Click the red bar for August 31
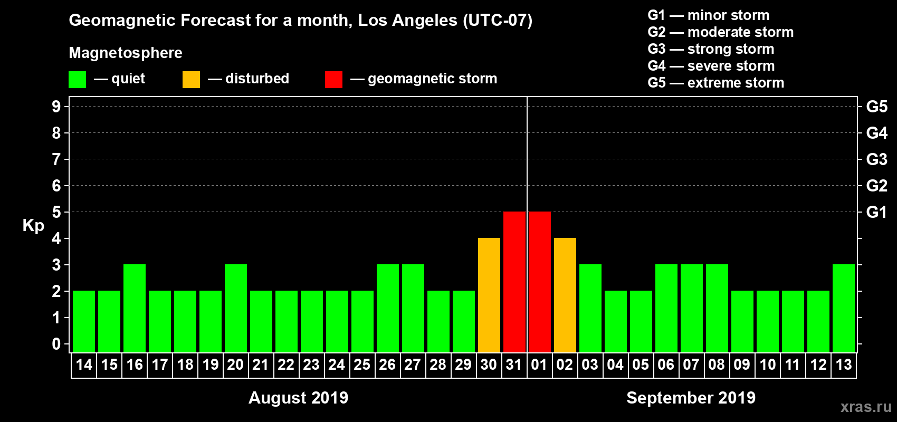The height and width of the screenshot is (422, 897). pyautogui.click(x=514, y=282)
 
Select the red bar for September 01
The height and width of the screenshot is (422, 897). pyautogui.click(x=540, y=282)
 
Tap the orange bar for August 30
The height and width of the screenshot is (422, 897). pyautogui.click(x=489, y=295)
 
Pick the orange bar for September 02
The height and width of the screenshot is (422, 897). pyautogui.click(x=565, y=295)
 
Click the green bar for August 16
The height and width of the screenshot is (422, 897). pyautogui.click(x=135, y=308)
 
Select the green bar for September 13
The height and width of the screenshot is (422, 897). pyautogui.click(x=844, y=308)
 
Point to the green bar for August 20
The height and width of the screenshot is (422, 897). pyautogui.click(x=236, y=308)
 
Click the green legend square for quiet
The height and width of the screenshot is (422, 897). pyautogui.click(x=77, y=80)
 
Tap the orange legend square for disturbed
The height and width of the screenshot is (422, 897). pyautogui.click(x=191, y=80)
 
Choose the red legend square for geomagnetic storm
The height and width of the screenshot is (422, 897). pyautogui.click(x=333, y=80)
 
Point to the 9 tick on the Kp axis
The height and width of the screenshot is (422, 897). pyautogui.click(x=56, y=107)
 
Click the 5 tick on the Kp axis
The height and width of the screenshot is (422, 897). pyautogui.click(x=56, y=212)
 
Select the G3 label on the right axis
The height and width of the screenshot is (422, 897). pyautogui.click(x=876, y=159)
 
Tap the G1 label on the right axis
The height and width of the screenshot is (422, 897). pyautogui.click(x=876, y=212)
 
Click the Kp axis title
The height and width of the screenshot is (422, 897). pyautogui.click(x=33, y=226)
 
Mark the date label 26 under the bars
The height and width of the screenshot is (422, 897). pyautogui.click(x=387, y=365)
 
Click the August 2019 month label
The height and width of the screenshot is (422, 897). pyautogui.click(x=298, y=398)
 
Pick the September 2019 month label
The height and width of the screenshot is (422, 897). pyautogui.click(x=691, y=398)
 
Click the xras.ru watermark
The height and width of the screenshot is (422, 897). pyautogui.click(x=866, y=407)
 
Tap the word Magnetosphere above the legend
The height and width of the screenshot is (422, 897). pyautogui.click(x=126, y=53)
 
